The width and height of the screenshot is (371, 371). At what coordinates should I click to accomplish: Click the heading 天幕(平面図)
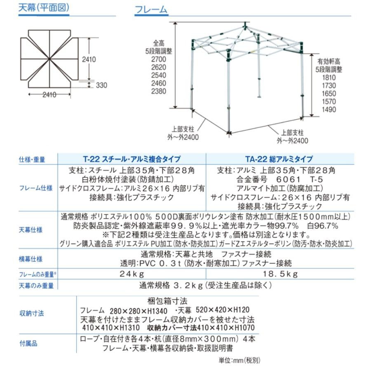tap(44, 8)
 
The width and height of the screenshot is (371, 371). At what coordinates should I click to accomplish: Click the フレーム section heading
tap(151, 9)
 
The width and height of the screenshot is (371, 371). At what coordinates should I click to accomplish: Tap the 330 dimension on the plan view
tap(101, 85)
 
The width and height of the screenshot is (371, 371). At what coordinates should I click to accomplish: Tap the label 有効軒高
tap(329, 61)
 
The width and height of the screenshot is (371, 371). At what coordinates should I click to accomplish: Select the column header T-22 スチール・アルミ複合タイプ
tap(131, 159)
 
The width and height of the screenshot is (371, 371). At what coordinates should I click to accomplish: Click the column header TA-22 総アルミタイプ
tap(279, 159)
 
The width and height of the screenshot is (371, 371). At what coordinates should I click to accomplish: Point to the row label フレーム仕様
tap(36, 188)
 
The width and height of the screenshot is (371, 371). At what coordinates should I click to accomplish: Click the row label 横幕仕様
tap(31, 259)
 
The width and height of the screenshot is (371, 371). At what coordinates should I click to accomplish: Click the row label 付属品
tap(28, 343)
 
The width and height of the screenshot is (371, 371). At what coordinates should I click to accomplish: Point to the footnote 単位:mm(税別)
tap(240, 360)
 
